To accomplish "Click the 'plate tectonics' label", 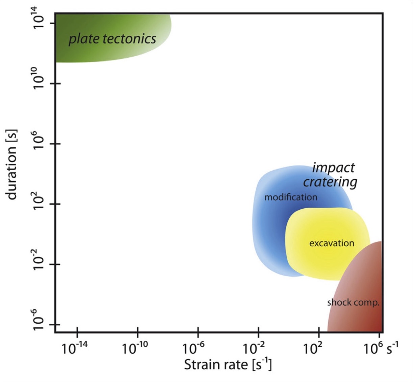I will click(x=112, y=39).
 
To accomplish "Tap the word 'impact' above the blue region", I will click(x=333, y=168).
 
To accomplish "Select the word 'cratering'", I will click(x=330, y=182).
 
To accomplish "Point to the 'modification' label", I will click(x=291, y=197).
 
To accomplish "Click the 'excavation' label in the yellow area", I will click(x=332, y=243).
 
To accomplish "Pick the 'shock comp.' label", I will click(x=353, y=302).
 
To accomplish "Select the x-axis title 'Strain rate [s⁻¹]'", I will click(x=228, y=364).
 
